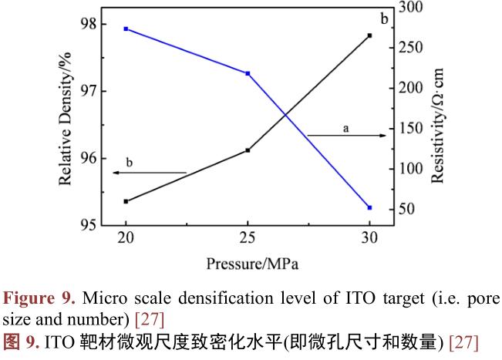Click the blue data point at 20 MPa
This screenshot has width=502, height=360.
point(126,29)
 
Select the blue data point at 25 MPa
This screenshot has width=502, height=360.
point(248,73)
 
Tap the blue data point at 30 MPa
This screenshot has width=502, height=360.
point(369,207)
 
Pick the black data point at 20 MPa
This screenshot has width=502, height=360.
point(126,201)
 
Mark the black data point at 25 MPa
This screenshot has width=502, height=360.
point(248,150)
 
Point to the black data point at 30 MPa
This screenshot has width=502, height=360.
point(369,35)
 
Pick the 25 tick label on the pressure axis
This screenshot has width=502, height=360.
point(248,238)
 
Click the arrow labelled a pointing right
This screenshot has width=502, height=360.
point(346,136)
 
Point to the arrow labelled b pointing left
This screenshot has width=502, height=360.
point(150,173)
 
